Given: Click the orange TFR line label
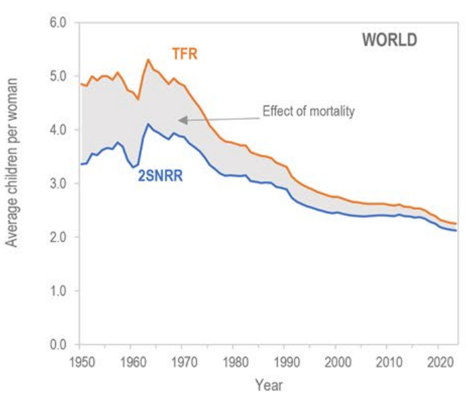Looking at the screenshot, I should point(184,53).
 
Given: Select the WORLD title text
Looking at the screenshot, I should point(389,40).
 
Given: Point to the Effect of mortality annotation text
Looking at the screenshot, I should point(308,112).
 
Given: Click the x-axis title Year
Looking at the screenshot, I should point(268,386).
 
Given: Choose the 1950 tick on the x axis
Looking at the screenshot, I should point(80,361).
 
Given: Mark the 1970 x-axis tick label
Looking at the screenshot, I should point(182,361).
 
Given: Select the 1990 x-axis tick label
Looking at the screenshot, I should point(286,361).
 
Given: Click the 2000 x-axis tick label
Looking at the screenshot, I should point(337,361).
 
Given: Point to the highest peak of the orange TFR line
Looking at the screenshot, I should point(148,60).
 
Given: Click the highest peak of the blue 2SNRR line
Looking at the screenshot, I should point(148,124).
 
